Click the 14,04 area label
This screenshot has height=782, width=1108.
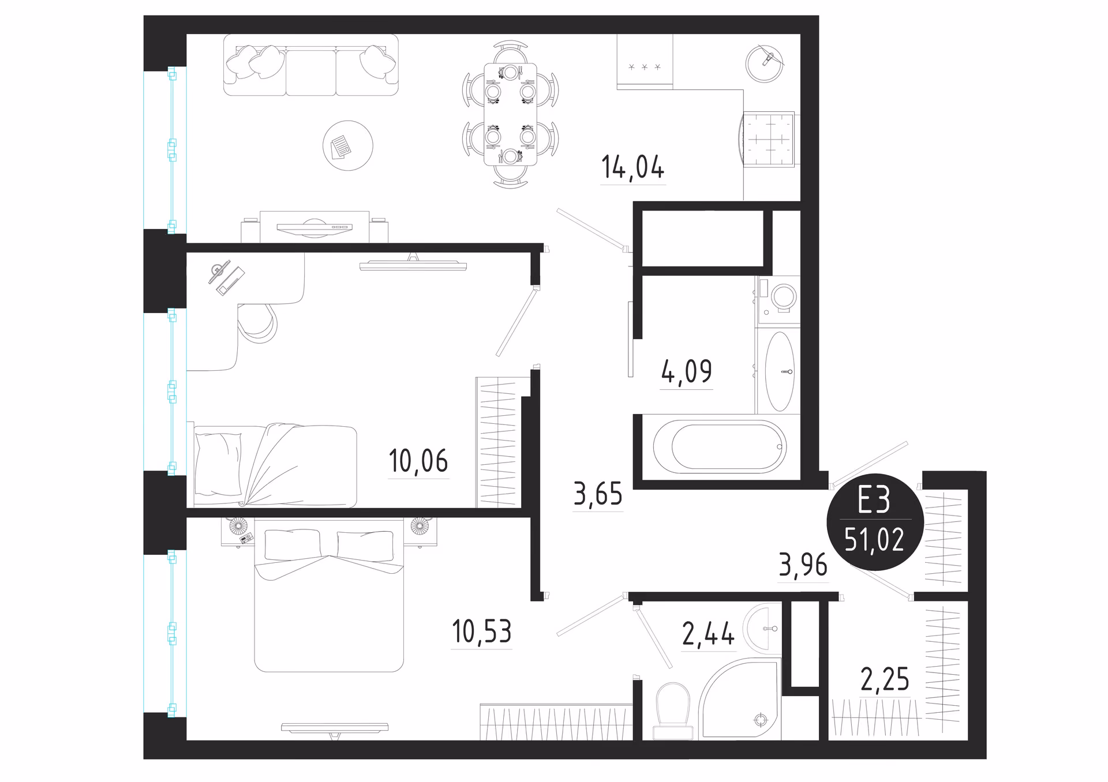point(632,167)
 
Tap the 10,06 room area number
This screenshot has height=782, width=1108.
point(418,461)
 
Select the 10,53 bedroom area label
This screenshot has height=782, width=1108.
point(482,631)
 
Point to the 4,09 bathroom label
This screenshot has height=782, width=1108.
point(686,371)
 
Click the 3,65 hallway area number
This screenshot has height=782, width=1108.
point(598,494)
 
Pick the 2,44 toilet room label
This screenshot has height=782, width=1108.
point(708,634)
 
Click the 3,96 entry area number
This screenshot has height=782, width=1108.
point(803,565)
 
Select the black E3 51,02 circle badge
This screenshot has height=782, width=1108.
point(875,522)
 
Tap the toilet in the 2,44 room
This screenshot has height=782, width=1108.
point(673,711)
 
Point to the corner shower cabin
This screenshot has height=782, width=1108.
point(740,699)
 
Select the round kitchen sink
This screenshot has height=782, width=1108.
point(765,63)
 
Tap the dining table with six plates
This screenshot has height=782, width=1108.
point(510,114)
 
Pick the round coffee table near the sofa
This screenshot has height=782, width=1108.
point(348,145)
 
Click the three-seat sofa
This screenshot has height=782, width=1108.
point(311,65)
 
